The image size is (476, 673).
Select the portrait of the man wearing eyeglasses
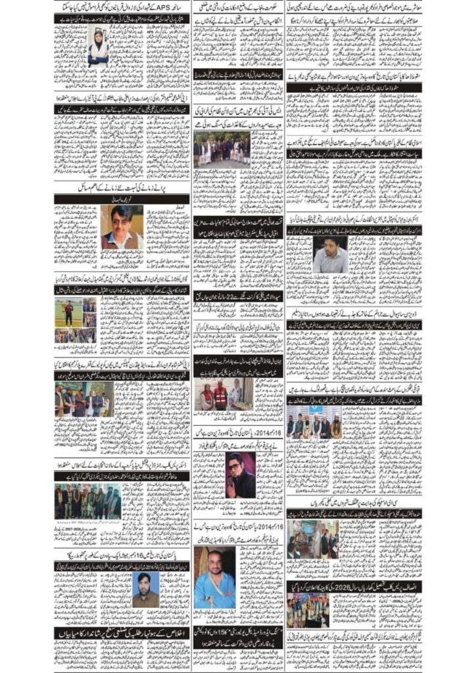[122, 227]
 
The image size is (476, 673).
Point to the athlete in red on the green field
[68, 312]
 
